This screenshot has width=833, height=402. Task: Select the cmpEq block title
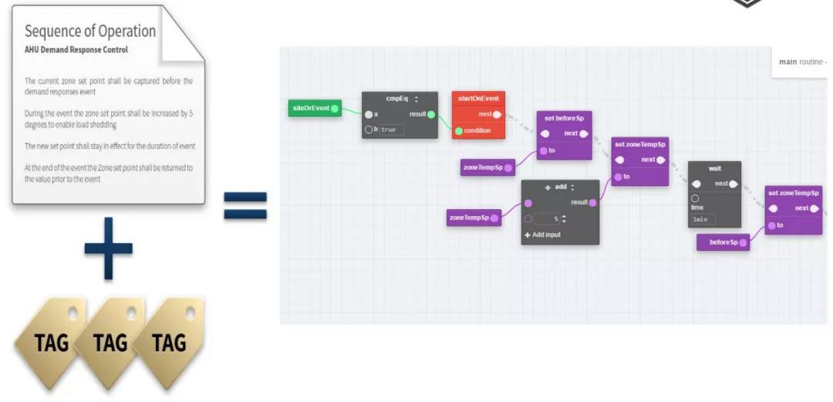coord(398,99)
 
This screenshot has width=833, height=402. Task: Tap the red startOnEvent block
coord(478,98)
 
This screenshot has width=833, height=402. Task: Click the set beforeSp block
coord(564,118)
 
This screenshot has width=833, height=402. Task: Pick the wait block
coord(714,168)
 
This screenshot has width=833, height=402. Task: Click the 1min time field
coord(700,219)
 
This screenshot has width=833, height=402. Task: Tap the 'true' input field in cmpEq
coord(391,130)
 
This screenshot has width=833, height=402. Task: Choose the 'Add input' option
coord(543,235)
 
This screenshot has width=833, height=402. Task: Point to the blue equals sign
coord(245,205)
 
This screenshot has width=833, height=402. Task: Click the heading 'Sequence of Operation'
coord(90,32)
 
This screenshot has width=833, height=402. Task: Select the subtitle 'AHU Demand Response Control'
coord(76,49)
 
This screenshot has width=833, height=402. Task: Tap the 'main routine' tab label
coord(800,62)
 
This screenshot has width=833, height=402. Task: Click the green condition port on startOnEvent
coord(458,130)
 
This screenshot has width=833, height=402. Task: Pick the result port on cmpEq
coord(431,115)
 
